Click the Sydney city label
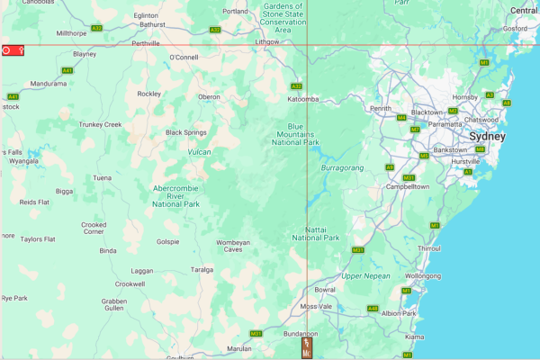tap(487, 136)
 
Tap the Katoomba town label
tap(303, 99)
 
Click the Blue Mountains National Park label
tap(296, 134)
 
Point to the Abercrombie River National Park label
tap(181, 195)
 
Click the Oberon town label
tap(209, 97)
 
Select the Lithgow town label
tap(267, 41)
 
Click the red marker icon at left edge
tap(13, 51)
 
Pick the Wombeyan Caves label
tap(233, 247)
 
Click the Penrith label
tap(381, 109)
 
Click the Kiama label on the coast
tap(415, 337)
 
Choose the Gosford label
tap(515, 28)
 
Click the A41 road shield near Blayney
tap(67, 70)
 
